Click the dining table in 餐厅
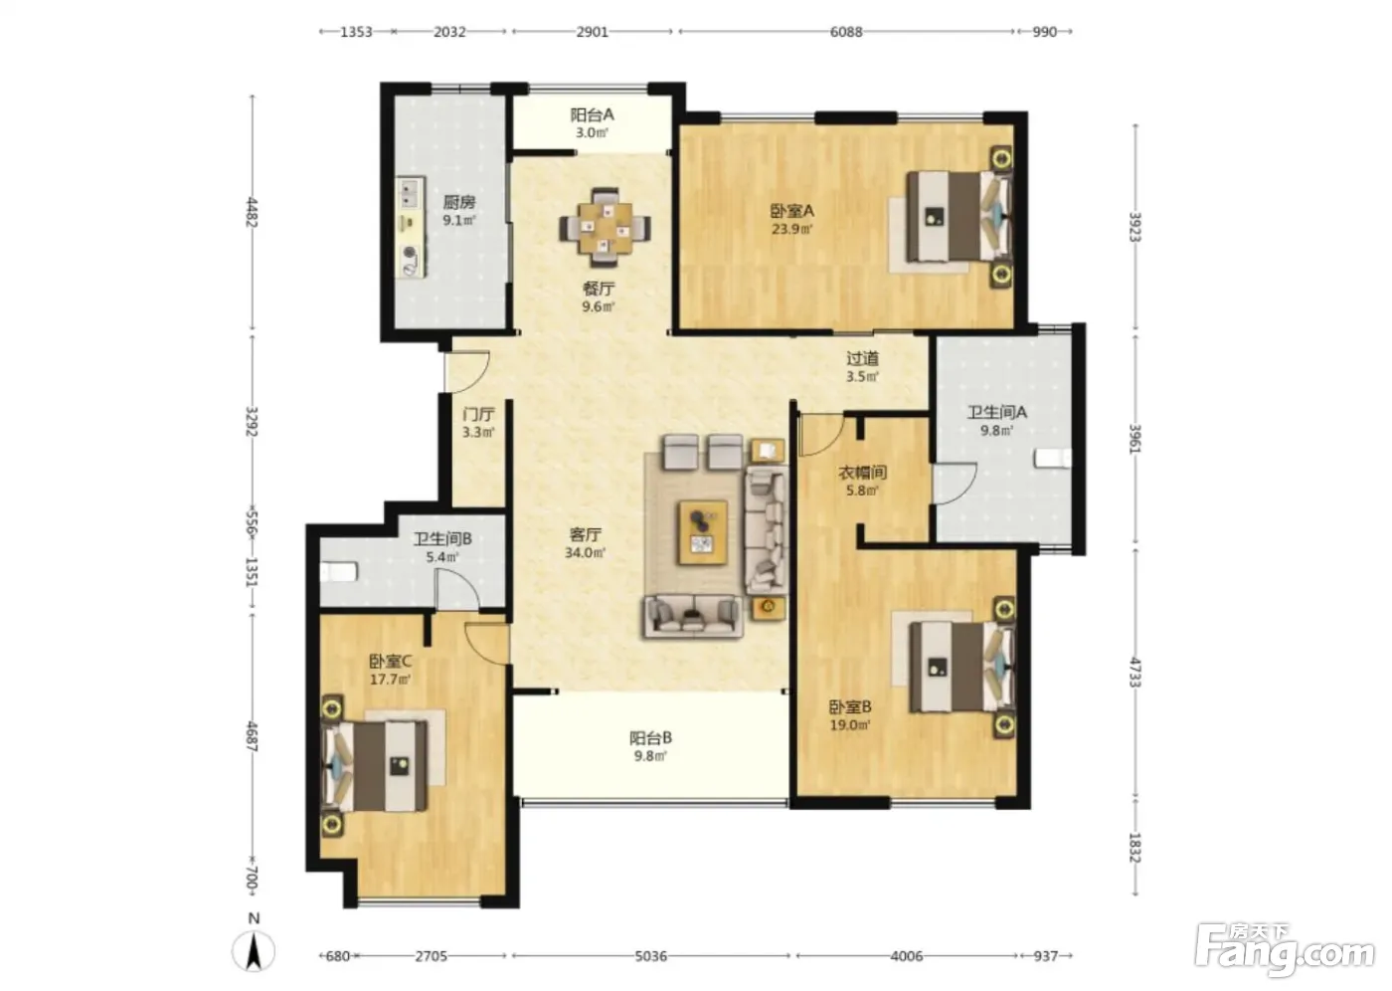coord(605,228)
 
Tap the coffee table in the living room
coord(703,532)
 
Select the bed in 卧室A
coord(958,216)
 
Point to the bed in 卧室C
coord(374,766)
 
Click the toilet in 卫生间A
coord(1053,459)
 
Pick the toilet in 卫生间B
coord(339,572)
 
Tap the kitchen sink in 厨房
coord(410,194)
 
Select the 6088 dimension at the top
coord(846,32)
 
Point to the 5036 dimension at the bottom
coord(650,956)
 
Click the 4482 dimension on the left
coord(252,212)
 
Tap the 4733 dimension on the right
coord(1134,672)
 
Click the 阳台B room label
coord(650,738)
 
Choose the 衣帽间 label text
coord(863,473)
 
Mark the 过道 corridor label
coord(863,359)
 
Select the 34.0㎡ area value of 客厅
coord(585,552)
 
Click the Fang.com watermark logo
coord(1284,950)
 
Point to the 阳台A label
coord(593,115)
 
